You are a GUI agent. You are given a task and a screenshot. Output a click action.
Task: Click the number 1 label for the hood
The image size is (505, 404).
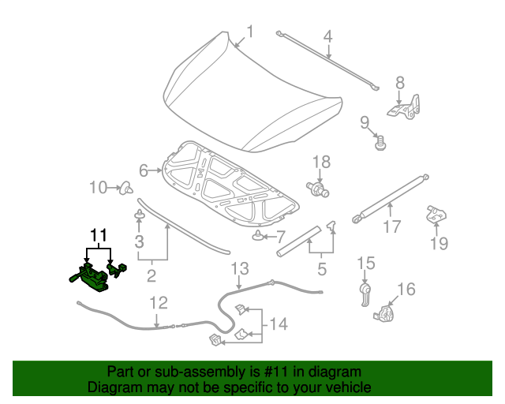[x=249, y=32]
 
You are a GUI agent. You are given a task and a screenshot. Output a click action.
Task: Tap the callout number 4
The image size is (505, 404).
[x=327, y=36]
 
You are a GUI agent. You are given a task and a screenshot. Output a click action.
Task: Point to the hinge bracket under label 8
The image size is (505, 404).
[x=406, y=108]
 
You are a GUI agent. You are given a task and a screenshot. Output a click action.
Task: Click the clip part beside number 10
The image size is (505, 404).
[x=125, y=188]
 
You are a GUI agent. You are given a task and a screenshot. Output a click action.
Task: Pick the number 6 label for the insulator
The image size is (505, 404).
[x=144, y=170]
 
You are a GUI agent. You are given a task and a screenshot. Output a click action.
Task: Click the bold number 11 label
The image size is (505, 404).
[x=97, y=235]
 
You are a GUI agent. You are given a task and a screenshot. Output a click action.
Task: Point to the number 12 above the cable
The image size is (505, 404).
[x=159, y=302]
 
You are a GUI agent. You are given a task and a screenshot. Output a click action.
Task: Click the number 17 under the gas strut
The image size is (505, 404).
[x=392, y=229]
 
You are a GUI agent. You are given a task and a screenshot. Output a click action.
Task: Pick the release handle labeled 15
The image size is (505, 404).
[x=364, y=293]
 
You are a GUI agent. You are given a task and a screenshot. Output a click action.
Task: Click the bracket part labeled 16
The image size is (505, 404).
[x=386, y=313]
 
